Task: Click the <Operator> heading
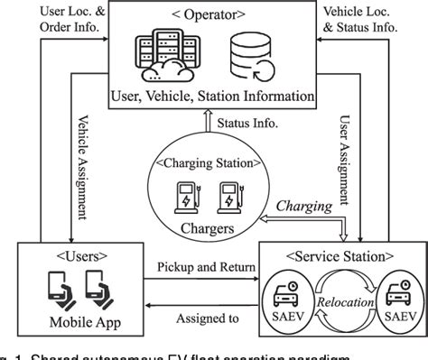[x=214, y=16]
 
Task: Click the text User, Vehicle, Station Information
[x=213, y=97]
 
